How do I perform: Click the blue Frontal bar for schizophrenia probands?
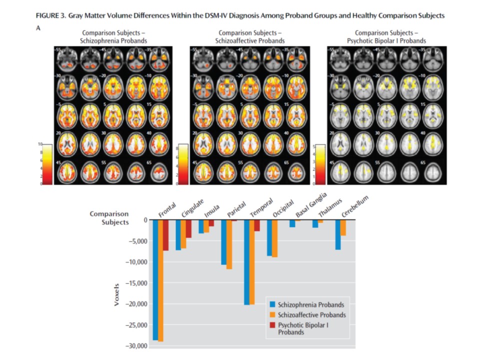[155, 280]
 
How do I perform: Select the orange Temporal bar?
[252, 262]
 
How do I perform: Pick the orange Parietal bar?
[229, 244]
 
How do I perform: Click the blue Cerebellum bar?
[338, 234]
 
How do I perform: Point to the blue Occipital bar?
[269, 238]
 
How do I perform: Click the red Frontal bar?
[166, 235]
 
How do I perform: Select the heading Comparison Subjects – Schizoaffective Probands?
[250, 36]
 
